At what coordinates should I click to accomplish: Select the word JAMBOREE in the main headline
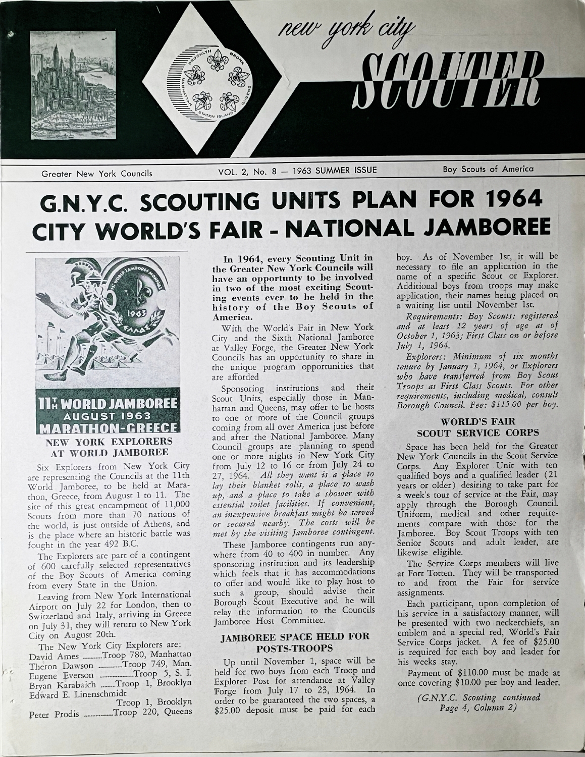[x=485, y=229]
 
